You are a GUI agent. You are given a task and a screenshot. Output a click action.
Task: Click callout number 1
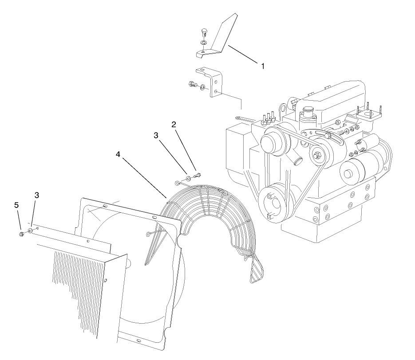[x=263, y=66]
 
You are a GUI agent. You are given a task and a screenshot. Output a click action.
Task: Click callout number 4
[x=118, y=154]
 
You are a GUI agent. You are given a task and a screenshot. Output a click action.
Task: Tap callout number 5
[x=16, y=205]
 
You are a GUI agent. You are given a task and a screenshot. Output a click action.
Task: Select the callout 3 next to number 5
[x=37, y=195]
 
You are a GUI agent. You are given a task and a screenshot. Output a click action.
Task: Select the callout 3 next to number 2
[x=156, y=136]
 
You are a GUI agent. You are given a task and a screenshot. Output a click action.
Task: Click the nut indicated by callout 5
[x=21, y=233]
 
